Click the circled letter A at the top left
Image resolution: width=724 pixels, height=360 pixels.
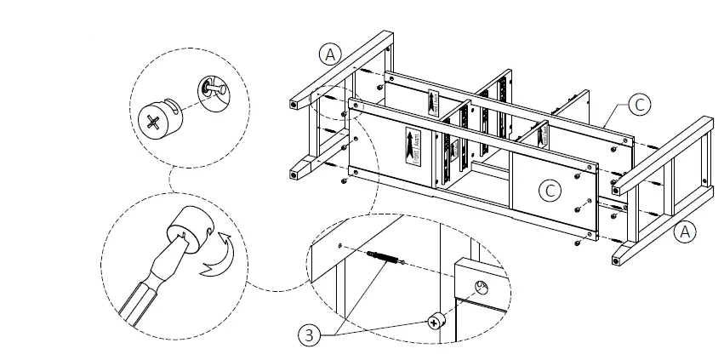pos(331,54)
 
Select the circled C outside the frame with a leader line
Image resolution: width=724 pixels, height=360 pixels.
pos(639,105)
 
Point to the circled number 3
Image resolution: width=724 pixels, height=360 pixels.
pos(311,334)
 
